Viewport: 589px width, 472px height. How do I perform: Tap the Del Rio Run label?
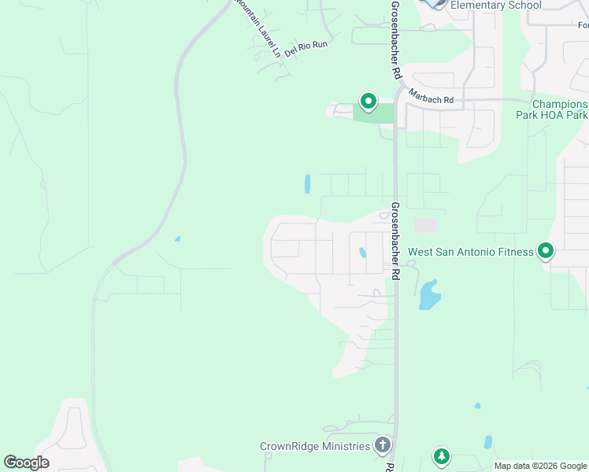[306, 48]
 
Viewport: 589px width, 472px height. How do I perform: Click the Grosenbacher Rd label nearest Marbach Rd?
[397, 39]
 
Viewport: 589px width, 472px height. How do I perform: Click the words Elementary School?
[495, 6]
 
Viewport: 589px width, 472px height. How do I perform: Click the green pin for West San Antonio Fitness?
[546, 252]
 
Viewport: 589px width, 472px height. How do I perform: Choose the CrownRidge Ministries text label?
[315, 446]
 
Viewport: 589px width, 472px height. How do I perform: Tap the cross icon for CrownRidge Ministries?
[382, 446]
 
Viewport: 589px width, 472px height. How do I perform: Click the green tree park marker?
[442, 456]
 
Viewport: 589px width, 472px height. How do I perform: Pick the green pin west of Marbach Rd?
[368, 101]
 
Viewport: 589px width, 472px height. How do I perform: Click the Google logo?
[26, 463]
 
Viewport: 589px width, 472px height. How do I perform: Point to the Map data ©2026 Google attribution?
[540, 466]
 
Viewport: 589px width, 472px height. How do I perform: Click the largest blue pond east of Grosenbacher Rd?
[429, 295]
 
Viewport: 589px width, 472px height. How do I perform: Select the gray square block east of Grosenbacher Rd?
[425, 226]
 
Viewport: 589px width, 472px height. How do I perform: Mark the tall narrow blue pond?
[306, 184]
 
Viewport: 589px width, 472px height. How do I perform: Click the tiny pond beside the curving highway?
[177, 239]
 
